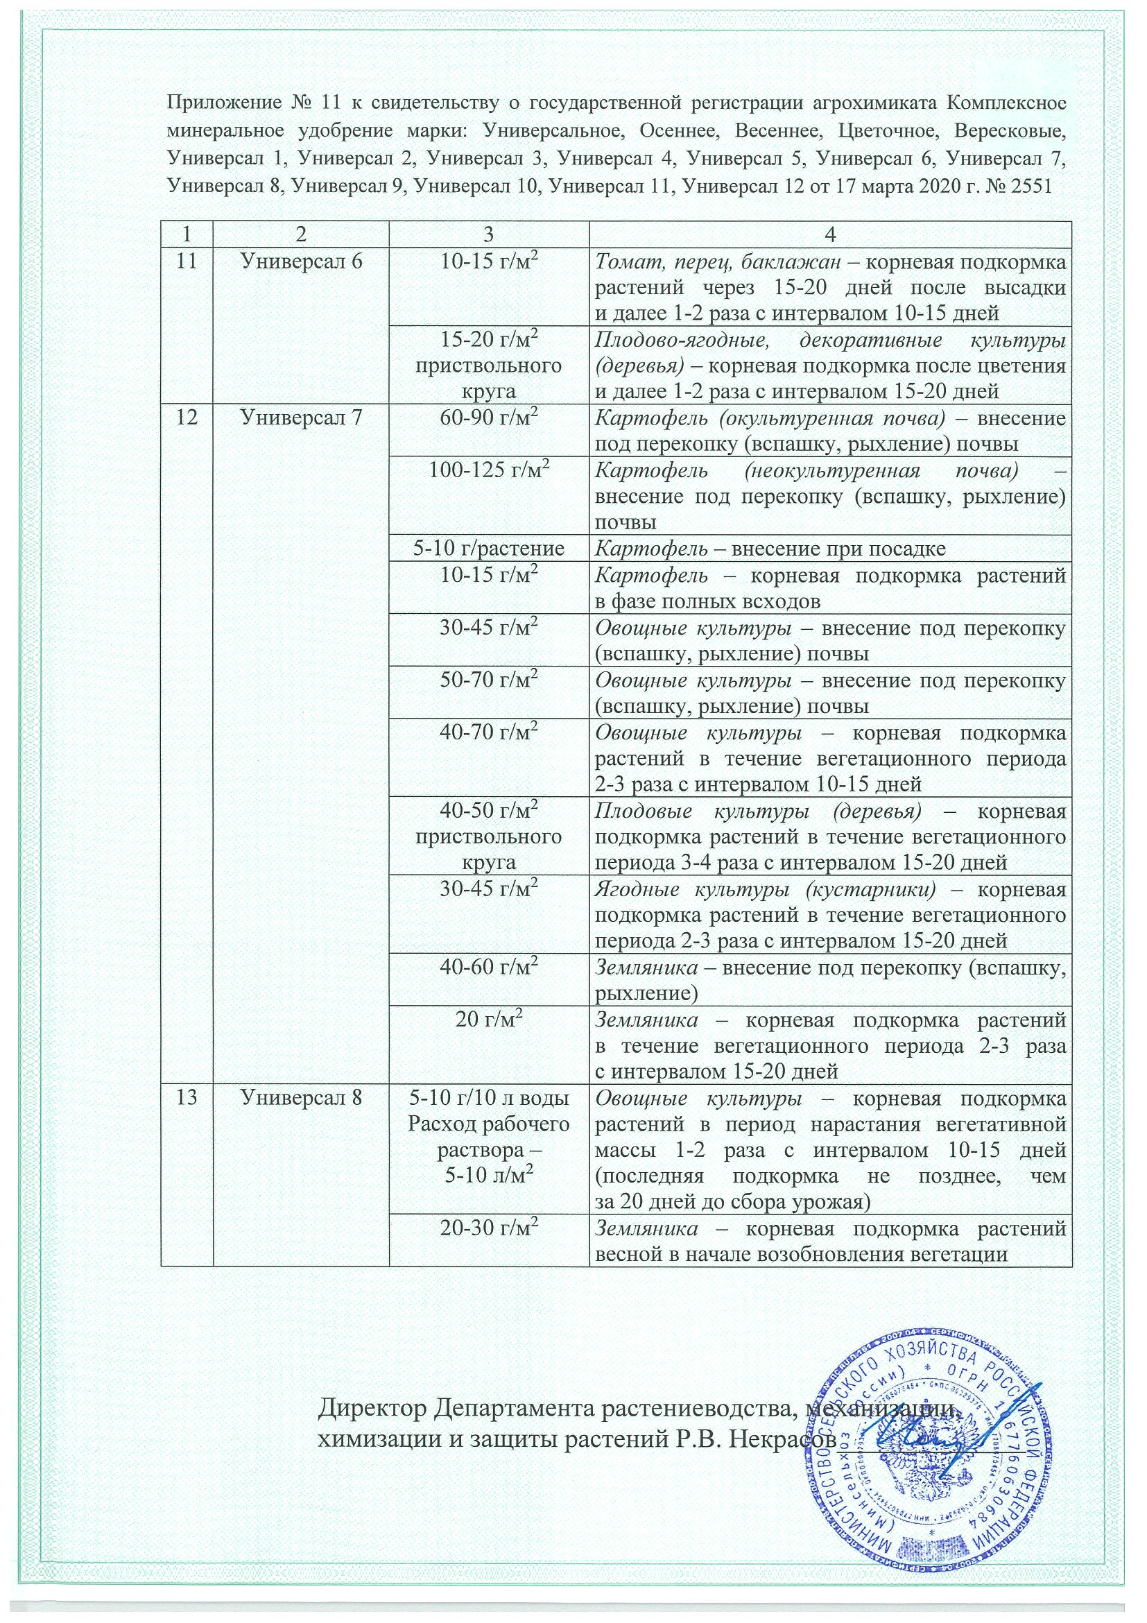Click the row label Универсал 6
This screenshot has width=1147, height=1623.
[x=301, y=261]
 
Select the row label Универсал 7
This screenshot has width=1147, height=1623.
[x=301, y=418]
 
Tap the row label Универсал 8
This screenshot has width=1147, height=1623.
[x=301, y=1099]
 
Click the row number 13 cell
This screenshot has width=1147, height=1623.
[x=187, y=1099]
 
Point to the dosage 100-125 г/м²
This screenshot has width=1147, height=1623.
[x=489, y=471]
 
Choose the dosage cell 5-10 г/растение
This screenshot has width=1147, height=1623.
[x=489, y=549]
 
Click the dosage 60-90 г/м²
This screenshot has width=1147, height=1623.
[x=489, y=418]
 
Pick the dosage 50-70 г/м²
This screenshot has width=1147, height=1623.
[x=489, y=680]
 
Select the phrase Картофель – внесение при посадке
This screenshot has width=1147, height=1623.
[x=770, y=549]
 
